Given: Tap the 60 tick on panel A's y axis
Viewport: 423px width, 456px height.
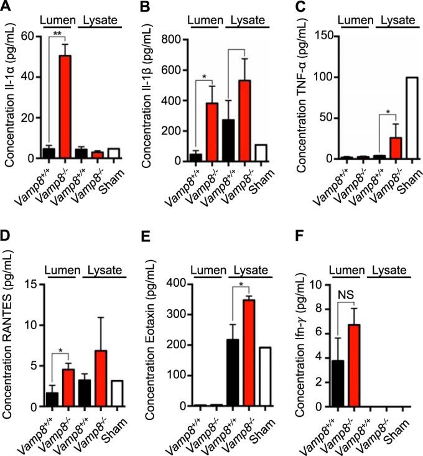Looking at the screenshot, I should click(27, 37).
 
